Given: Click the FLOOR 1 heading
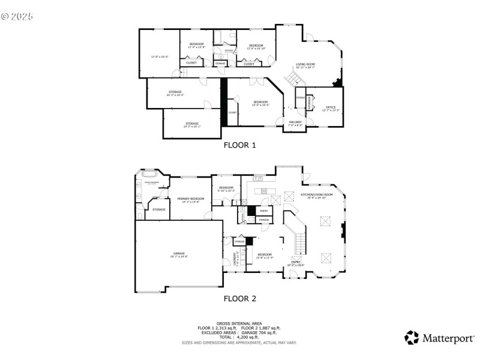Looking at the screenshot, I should click(240, 145).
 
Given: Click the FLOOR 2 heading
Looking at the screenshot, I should click(240, 298).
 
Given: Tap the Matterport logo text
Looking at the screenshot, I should click(447, 338).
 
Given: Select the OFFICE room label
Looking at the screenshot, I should click(331, 107).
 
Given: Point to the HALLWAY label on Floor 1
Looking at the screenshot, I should click(295, 122).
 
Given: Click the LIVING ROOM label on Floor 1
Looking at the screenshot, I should click(305, 64).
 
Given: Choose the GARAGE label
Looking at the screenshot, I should click(179, 253).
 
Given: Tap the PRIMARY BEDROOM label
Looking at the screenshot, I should click(190, 199).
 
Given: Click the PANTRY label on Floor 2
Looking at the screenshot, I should click(264, 211).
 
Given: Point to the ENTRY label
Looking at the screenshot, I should click(296, 262).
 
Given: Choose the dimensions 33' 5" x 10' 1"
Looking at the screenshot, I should click(192, 127).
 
